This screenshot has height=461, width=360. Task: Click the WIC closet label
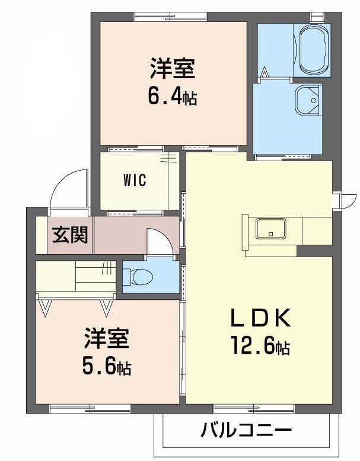pyautogui.click(x=135, y=181)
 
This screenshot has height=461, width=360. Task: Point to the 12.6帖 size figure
pyautogui.click(x=260, y=346)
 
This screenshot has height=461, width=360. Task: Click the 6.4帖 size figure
pyautogui.click(x=172, y=95)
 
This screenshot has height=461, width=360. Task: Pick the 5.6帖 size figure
pyautogui.click(x=107, y=367)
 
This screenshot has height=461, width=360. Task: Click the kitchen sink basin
pyautogui.click(x=270, y=228)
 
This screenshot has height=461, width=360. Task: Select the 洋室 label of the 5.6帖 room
pyautogui.click(x=107, y=341)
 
